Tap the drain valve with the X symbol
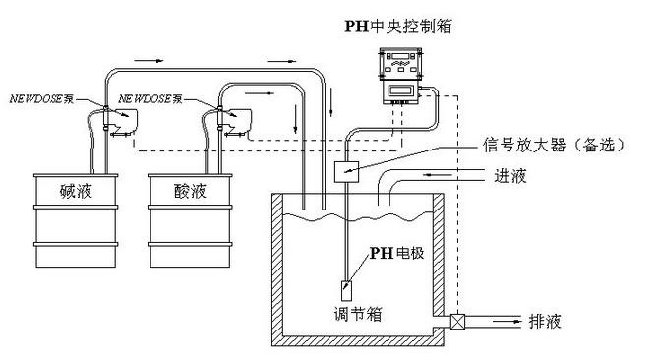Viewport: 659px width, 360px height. coord(458,321)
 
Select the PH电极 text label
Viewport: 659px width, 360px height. coord(395,253)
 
